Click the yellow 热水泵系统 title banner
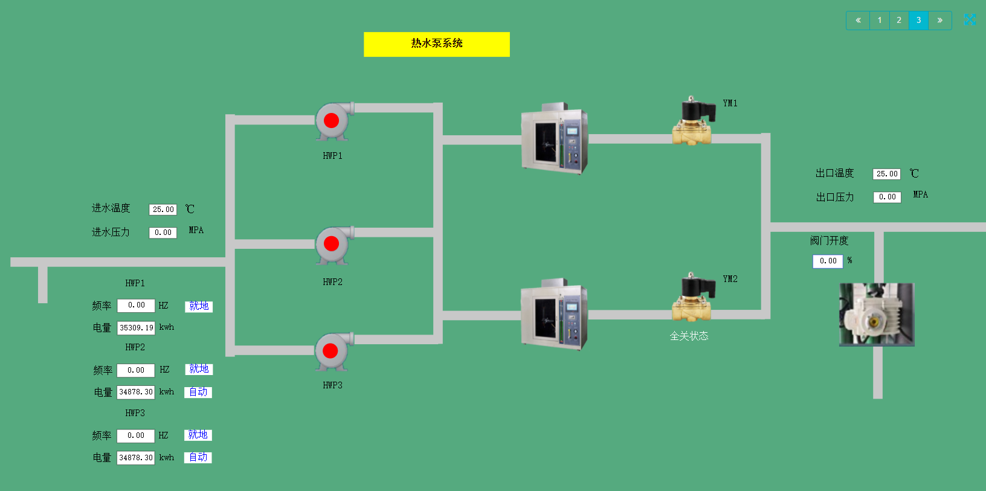coord(436,44)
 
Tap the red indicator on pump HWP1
coord(331,120)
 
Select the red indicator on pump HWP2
coord(331,243)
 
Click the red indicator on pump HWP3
coord(330,350)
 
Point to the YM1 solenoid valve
coord(694,123)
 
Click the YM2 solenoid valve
coord(694,298)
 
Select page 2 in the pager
coord(899,21)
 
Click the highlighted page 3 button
coord(918,21)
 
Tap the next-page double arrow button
coord(940,21)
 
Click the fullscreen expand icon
coord(970,20)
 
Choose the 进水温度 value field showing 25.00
coord(163,210)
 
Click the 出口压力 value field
coord(887,197)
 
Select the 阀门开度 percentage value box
coord(828,261)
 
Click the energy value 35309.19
coord(136,328)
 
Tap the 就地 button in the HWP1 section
coord(199,306)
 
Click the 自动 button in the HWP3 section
coord(198,457)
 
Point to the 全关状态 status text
coord(689,336)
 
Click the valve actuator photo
coord(877,315)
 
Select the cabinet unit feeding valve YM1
coord(554,138)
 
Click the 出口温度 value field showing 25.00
coord(886,174)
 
